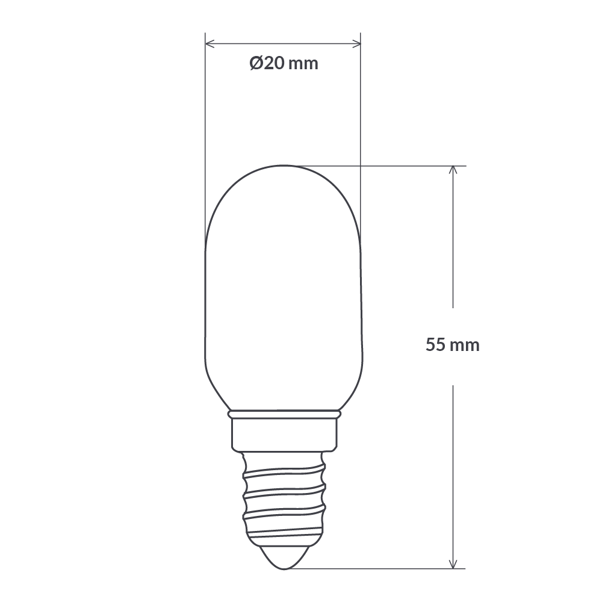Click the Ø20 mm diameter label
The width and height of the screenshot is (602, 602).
[x=284, y=63]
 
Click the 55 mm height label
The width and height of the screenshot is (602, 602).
[x=453, y=346]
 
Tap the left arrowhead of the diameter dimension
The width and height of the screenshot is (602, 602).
[x=209, y=43]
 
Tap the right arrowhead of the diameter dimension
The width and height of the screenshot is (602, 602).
[x=357, y=43]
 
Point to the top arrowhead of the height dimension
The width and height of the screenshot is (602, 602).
[x=453, y=170]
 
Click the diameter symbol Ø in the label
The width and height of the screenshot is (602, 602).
[x=256, y=63]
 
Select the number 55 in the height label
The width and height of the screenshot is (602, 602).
[x=435, y=346]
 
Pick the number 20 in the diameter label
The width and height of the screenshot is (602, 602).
[x=274, y=63]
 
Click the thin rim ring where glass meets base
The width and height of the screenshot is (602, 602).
[x=283, y=415]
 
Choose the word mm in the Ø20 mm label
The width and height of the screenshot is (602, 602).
[x=303, y=63]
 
